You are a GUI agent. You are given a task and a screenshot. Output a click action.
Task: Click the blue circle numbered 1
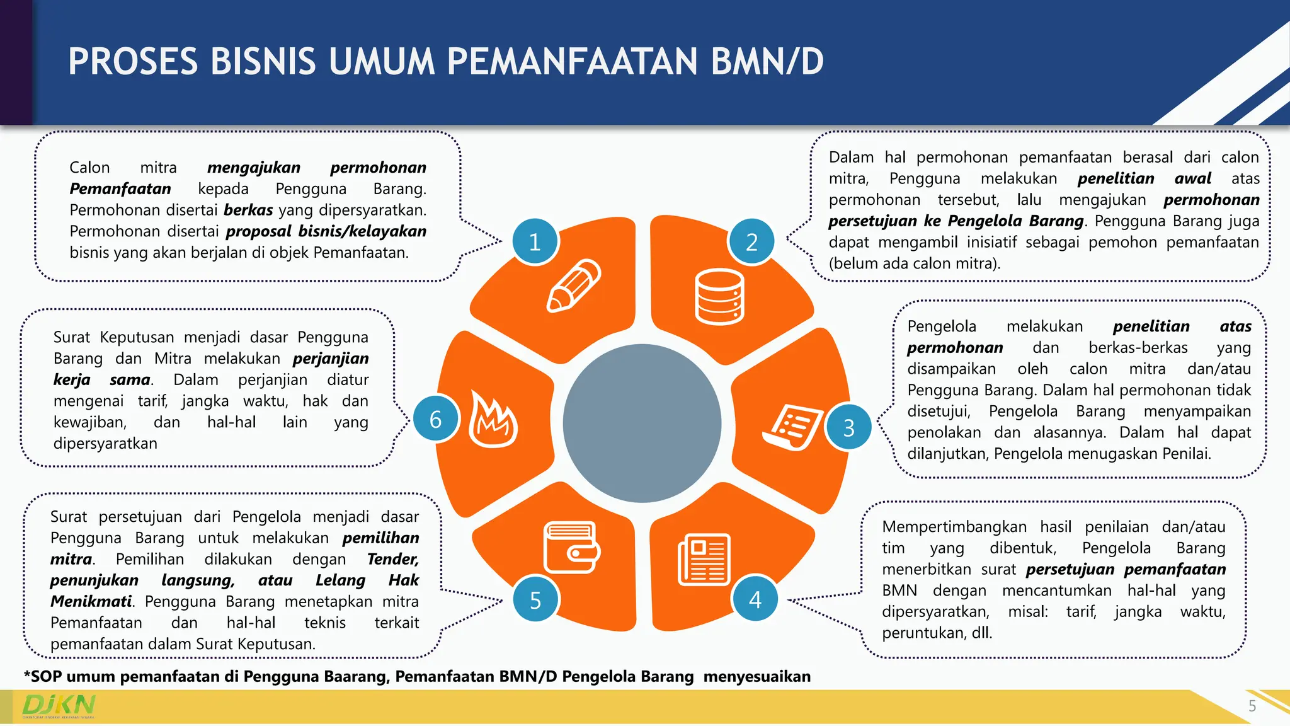click(535, 242)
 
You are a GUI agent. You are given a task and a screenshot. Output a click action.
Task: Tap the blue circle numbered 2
click(751, 242)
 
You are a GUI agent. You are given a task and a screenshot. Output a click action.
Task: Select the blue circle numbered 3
click(848, 428)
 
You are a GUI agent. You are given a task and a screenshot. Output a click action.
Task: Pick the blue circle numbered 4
click(755, 599)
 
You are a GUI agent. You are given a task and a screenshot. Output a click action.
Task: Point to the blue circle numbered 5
click(535, 600)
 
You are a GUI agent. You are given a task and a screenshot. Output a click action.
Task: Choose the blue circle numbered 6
click(435, 420)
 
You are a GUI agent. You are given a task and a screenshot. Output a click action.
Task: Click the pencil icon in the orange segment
click(573, 286)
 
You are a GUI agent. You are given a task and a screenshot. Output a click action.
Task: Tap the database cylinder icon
click(719, 296)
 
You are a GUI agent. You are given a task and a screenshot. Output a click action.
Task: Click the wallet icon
click(571, 547)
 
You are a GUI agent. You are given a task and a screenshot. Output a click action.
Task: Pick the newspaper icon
click(704, 560)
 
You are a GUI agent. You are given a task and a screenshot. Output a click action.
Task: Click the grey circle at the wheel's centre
click(642, 423)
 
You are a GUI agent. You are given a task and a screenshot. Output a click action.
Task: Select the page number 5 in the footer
click(1252, 706)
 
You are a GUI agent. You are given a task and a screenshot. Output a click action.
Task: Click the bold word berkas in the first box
click(248, 210)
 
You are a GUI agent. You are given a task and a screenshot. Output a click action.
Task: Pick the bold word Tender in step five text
click(392, 559)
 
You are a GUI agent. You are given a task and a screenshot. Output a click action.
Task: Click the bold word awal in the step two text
click(1192, 179)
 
